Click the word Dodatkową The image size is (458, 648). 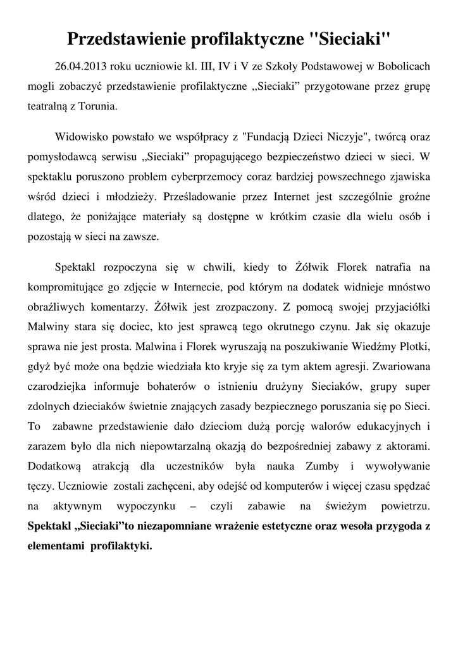click(x=55, y=466)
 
